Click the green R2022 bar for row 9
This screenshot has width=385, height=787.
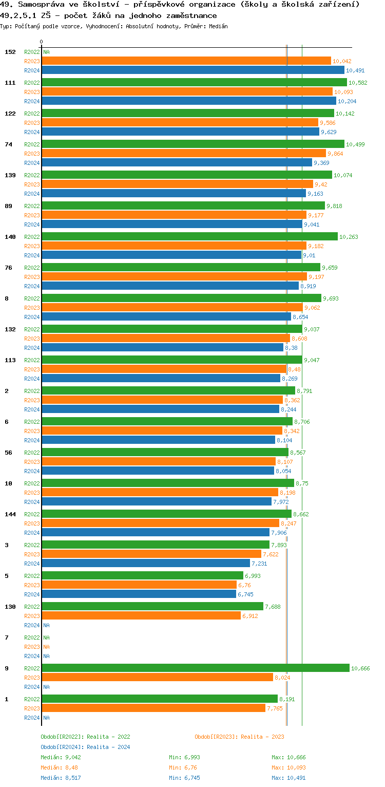click(x=195, y=668)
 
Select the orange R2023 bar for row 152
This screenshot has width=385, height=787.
click(x=186, y=61)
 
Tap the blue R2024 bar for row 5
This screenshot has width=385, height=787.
click(x=139, y=594)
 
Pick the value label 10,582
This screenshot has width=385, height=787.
click(x=358, y=83)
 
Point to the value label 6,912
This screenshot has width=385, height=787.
click(x=250, y=616)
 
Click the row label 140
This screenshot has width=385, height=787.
click(x=10, y=237)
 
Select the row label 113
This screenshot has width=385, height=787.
click(x=10, y=360)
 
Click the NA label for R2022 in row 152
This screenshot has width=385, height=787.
click(x=46, y=52)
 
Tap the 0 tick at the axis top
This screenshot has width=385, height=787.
click(x=42, y=42)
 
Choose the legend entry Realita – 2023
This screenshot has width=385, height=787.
click(x=239, y=737)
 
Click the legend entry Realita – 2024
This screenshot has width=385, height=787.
click(x=85, y=747)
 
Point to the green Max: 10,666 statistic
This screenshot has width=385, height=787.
click(x=288, y=757)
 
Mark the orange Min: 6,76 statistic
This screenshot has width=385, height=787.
click(x=183, y=767)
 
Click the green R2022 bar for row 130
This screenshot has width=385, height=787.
click(x=152, y=606)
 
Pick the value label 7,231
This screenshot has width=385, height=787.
click(x=259, y=564)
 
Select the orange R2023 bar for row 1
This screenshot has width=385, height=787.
click(x=153, y=708)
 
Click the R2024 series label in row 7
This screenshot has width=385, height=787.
click(x=32, y=656)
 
